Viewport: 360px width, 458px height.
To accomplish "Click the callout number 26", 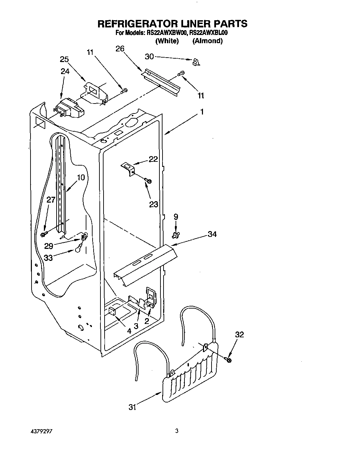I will [120, 49].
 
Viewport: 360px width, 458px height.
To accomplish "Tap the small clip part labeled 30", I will [196, 62].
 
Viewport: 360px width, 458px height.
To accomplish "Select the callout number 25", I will [64, 59].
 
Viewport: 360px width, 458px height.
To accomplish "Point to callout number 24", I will [65, 71].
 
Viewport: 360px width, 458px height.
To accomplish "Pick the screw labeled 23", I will [148, 180].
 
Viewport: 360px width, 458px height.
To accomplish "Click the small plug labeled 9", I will [176, 234].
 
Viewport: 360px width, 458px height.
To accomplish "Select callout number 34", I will [212, 234].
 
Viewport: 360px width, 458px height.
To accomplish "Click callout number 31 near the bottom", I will [133, 407].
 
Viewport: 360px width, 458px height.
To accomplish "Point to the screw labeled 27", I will [44, 234].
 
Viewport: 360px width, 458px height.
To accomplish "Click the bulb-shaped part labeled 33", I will [78, 249].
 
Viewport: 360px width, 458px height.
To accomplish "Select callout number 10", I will [81, 178].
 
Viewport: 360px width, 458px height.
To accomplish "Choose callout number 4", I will [129, 331].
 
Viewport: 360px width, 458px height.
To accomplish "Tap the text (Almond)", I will [207, 41].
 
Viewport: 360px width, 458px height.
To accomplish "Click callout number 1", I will [202, 112].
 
